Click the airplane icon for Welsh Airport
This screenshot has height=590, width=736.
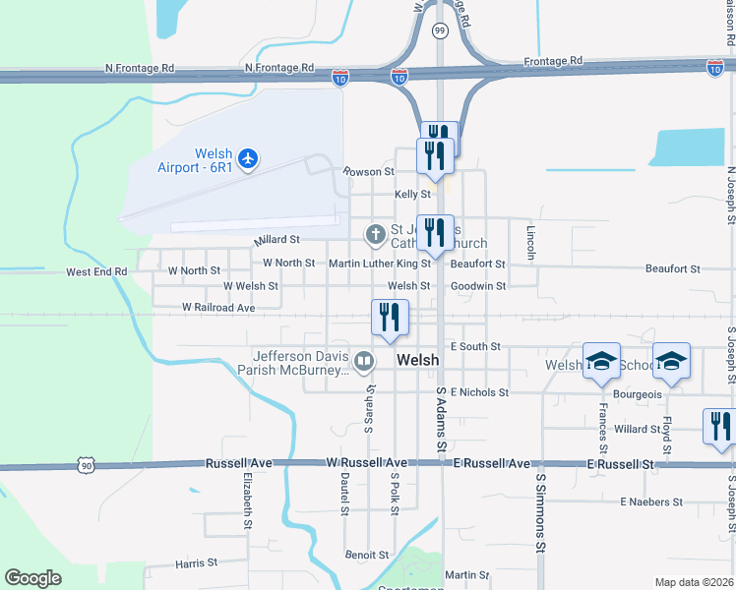pyautogui.click(x=248, y=157)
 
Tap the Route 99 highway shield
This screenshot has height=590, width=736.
pyautogui.click(x=440, y=30)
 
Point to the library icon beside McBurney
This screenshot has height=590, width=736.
pyautogui.click(x=364, y=363)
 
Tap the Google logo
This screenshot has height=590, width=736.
pyautogui.click(x=32, y=578)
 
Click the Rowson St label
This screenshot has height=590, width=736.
pyautogui.click(x=368, y=171)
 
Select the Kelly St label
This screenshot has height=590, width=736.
pyautogui.click(x=413, y=195)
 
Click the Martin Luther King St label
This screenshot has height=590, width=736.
pyautogui.click(x=380, y=264)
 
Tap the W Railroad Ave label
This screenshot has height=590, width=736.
pyautogui.click(x=218, y=308)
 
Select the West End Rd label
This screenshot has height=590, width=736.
pyautogui.click(x=96, y=271)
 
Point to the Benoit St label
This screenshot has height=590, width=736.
pyautogui.click(x=367, y=555)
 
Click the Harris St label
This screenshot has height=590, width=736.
pyautogui.click(x=196, y=563)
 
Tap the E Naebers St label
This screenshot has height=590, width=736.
pyautogui.click(x=651, y=501)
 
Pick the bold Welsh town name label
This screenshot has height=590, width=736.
pyautogui.click(x=417, y=361)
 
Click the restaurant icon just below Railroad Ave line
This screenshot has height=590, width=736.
pyautogui.click(x=390, y=318)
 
